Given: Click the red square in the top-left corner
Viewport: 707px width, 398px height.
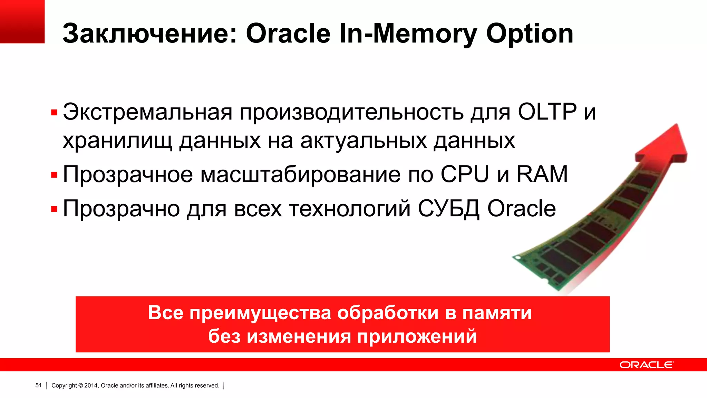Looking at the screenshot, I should click(x=22, y=21).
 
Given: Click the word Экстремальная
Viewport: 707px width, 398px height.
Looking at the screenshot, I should click(x=147, y=112).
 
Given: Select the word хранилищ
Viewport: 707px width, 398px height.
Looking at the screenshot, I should click(x=117, y=141).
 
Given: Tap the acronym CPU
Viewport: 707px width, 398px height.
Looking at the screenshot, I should click(x=465, y=174).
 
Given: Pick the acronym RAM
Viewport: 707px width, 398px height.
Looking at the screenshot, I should click(x=542, y=174).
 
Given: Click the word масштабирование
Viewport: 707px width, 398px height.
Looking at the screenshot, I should click(x=300, y=175).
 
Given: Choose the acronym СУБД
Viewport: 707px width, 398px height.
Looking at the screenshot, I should click(x=448, y=209).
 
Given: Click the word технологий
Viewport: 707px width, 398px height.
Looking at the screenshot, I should click(x=350, y=209).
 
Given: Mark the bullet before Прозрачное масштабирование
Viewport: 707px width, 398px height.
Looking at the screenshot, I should click(x=54, y=175).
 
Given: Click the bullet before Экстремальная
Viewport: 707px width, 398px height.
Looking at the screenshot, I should click(x=54, y=113).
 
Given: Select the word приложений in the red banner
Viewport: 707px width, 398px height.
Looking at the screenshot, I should click(x=417, y=337).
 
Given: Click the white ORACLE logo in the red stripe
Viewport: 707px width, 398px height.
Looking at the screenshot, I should click(x=646, y=365).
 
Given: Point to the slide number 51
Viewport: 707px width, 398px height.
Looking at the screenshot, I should click(x=38, y=385).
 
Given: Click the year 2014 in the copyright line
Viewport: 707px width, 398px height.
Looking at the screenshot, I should click(x=91, y=386).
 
